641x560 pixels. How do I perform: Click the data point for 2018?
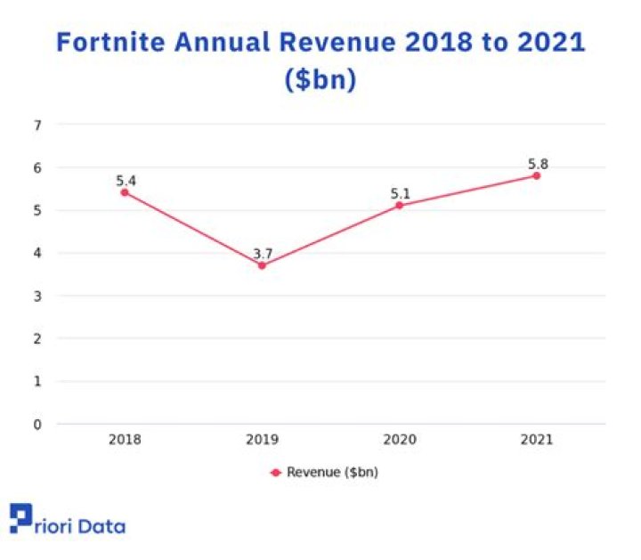[125, 192]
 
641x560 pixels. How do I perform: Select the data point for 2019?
[262, 265]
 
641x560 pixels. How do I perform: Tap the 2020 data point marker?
[399, 206]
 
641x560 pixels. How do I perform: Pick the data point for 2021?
[536, 175]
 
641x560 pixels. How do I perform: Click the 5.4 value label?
[126, 181]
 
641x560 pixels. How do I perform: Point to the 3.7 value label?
[263, 254]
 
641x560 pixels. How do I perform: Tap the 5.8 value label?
[537, 164]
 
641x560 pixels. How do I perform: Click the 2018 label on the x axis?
[125, 440]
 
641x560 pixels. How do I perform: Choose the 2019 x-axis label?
[262, 440]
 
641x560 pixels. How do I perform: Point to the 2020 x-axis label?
[399, 440]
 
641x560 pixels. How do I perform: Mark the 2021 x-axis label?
[536, 440]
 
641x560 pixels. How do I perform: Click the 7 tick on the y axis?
[37, 125]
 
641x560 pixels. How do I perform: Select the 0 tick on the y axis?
[37, 424]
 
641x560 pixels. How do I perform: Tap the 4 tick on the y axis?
[37, 253]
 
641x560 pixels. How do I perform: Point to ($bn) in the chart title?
[320, 80]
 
